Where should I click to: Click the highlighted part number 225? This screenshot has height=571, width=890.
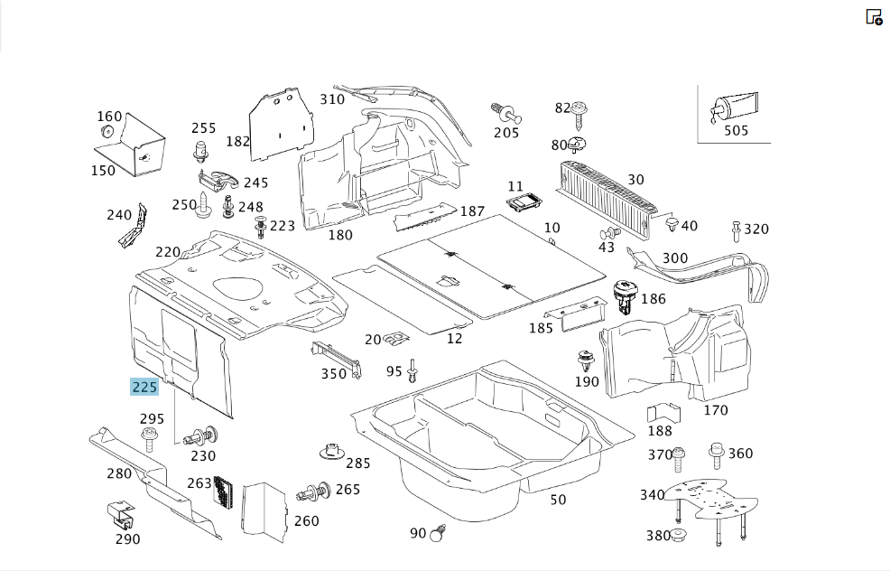tap(144, 387)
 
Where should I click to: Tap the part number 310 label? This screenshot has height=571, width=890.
tap(332, 99)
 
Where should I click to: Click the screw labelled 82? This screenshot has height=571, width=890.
tap(579, 115)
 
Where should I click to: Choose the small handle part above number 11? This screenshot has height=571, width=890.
tap(524, 201)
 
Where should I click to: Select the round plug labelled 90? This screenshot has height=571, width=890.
tap(439, 533)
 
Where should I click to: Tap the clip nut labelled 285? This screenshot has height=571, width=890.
tap(333, 453)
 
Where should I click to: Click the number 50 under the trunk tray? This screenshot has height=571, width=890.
tap(558, 500)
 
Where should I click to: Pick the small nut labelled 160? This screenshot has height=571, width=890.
tap(107, 132)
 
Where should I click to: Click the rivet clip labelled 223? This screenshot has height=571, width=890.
tap(261, 227)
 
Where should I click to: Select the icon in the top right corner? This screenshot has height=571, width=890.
tap(874, 17)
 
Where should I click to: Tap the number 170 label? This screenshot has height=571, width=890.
tap(716, 410)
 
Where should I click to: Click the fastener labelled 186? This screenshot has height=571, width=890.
tap(624, 296)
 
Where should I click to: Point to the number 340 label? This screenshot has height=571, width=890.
tap(653, 495)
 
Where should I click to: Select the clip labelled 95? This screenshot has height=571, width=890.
tap(413, 370)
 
